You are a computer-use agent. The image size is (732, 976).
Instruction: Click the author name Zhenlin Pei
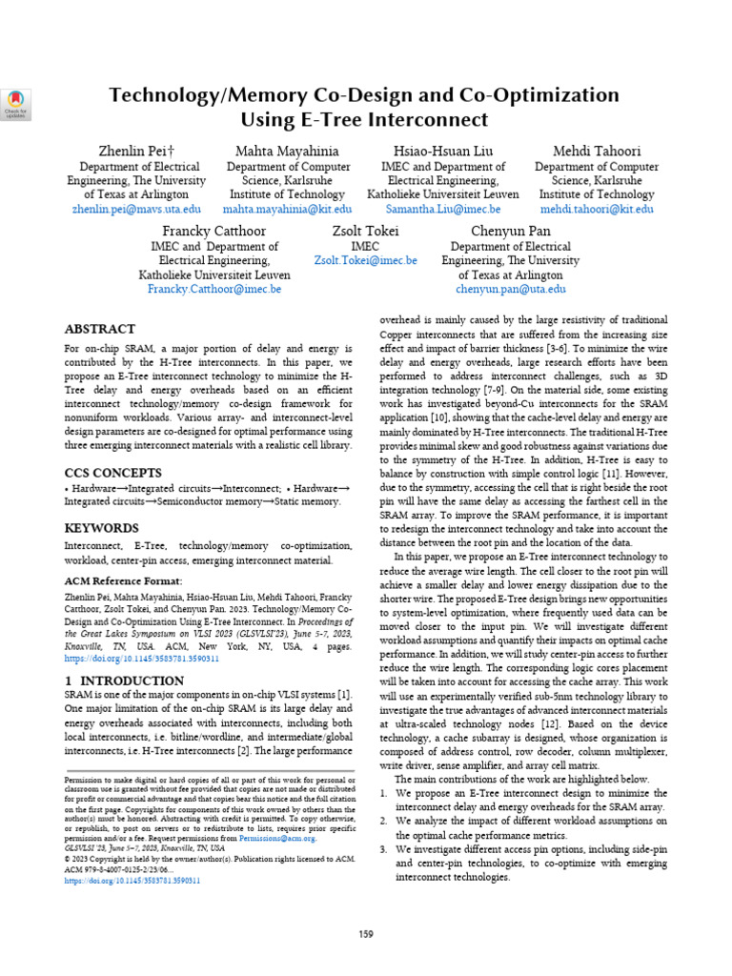pos(136,152)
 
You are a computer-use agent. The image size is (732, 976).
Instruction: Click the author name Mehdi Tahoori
pos(597,152)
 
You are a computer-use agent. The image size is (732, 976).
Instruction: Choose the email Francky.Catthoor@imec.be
pos(214,289)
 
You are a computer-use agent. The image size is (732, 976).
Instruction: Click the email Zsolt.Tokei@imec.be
pos(366,260)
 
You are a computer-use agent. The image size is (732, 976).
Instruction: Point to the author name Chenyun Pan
pos(511,232)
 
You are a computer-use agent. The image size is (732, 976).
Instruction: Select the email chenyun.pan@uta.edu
pos(511,289)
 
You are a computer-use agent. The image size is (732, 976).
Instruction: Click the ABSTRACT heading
pos(99,330)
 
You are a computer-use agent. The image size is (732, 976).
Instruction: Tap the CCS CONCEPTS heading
pos(112,473)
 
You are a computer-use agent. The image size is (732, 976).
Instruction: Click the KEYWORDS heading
pos(102,528)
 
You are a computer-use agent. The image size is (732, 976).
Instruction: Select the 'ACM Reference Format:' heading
pos(122,580)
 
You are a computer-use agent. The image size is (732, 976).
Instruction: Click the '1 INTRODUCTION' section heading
pos(124,681)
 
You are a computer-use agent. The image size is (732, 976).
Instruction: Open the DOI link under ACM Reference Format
pos(142,658)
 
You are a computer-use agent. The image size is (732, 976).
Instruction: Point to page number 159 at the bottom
pos(366,934)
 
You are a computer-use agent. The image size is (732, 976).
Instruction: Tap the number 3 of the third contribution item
pos(383,848)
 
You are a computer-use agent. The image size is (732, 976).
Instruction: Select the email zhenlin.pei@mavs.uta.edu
pos(136,209)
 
